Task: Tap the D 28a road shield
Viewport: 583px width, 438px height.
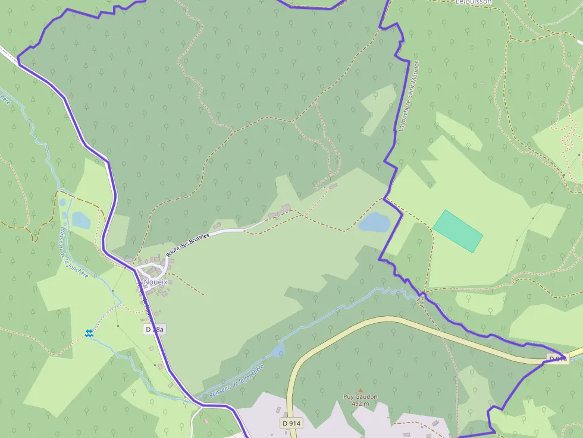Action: [x=155, y=329]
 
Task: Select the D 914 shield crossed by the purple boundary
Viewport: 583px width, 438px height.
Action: [x=557, y=359]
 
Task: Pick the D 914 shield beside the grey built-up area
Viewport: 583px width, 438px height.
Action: [x=291, y=423]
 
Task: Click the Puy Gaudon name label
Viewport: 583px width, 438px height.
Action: [x=360, y=396]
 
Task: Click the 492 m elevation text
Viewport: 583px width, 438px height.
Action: [x=360, y=404]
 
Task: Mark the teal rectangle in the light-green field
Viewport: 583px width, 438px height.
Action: [x=457, y=231]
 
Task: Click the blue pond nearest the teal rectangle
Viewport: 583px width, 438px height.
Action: [x=374, y=223]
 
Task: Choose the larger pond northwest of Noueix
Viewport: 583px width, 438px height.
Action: [x=81, y=220]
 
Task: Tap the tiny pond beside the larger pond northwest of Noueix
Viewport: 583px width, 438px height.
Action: [x=63, y=203]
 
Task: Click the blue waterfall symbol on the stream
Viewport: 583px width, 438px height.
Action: [x=89, y=334]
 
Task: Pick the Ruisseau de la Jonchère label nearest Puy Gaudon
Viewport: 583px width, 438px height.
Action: [x=235, y=382]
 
